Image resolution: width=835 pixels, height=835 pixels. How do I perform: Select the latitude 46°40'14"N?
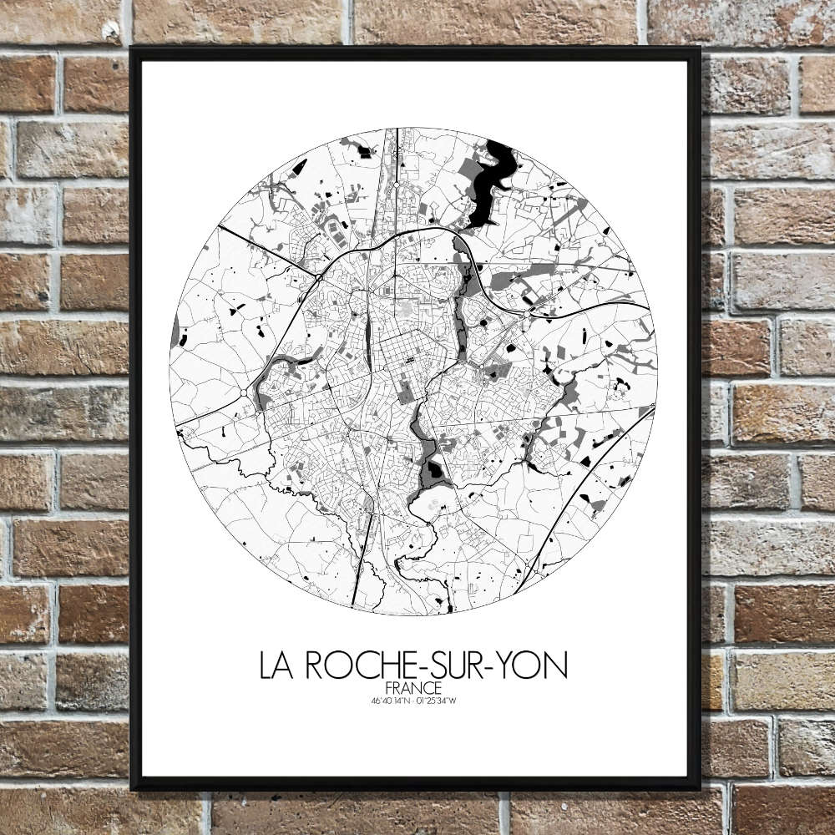[389, 701]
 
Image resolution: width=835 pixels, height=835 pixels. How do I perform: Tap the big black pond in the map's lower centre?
[433, 473]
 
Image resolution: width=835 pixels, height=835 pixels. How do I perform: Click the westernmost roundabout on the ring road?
[243, 392]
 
